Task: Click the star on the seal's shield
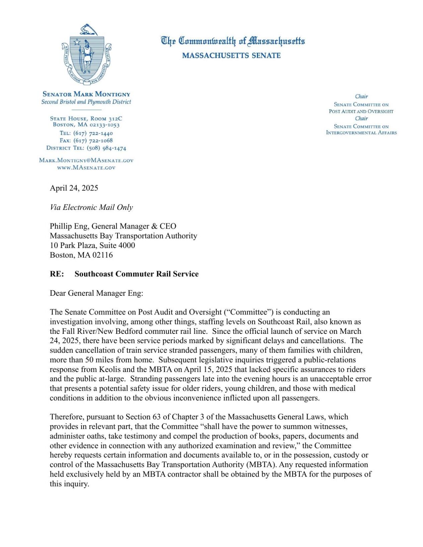77,42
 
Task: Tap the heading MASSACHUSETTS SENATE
231,55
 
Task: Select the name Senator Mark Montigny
86,94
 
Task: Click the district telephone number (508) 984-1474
106,148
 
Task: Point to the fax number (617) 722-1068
93,140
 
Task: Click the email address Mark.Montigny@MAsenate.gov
86,160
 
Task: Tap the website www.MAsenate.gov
86,168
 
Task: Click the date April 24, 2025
74,188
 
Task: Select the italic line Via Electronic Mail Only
91,207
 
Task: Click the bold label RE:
57,274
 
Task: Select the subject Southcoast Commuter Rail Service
136,274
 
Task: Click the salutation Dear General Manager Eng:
96,293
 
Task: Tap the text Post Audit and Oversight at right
361,111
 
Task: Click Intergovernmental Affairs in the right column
361,133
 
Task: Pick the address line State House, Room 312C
86,119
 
